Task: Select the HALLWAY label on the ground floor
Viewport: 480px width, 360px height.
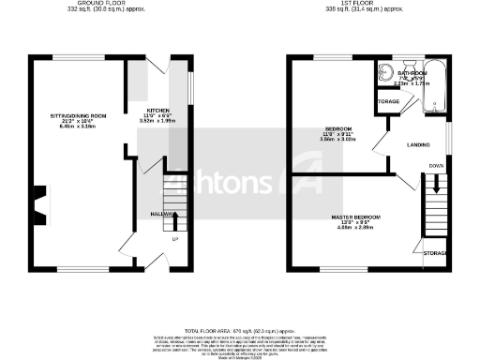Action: pos(139,215)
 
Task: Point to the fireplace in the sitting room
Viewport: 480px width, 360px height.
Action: pos(38,200)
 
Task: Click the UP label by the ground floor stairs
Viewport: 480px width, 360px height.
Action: pos(174,239)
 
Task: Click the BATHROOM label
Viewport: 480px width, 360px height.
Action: pos(412,72)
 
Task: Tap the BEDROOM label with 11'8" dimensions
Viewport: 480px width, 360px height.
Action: pos(339,128)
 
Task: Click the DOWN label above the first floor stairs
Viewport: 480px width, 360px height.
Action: pos(436,166)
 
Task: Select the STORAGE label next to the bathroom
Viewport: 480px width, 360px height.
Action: pos(388,100)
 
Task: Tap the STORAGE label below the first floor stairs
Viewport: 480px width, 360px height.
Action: pos(435,254)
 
